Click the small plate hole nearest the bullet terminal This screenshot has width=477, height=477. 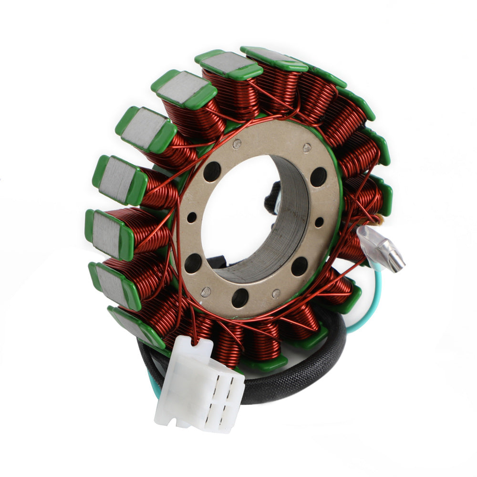coord(319,222)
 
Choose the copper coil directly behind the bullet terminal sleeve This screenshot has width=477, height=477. coord(353,248)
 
